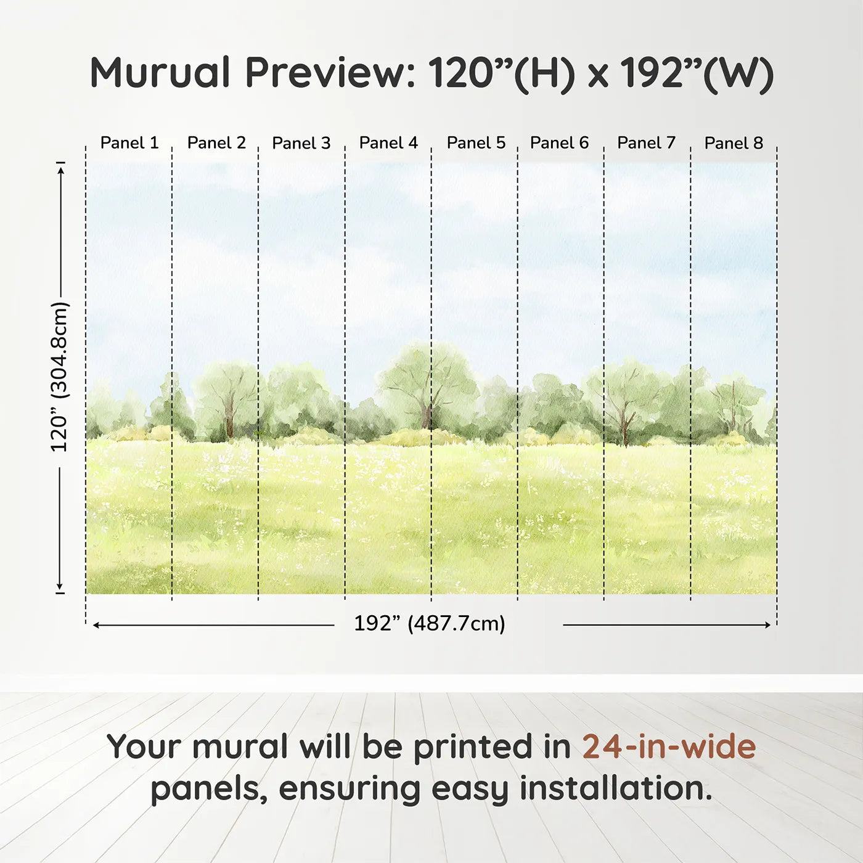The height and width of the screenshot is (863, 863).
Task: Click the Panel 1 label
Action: point(129,143)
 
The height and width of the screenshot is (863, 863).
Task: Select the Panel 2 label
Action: point(216,143)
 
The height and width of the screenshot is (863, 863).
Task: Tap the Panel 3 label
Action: point(301,143)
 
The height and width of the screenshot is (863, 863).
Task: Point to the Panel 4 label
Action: point(388,143)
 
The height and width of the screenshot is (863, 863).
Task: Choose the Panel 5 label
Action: point(476,143)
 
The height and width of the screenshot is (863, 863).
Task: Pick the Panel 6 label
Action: point(559,143)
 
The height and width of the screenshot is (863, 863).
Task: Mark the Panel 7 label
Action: point(646,143)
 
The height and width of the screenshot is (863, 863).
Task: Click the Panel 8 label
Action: point(734,143)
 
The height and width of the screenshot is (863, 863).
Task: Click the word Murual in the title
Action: point(160,73)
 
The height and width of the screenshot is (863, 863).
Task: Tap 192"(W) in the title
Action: point(697,73)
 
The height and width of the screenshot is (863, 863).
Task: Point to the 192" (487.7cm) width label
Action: point(429,624)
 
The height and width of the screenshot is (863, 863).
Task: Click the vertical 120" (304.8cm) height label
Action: point(60,377)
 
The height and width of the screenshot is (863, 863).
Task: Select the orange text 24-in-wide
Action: point(669,746)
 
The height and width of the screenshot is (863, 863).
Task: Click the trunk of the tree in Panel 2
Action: point(229,419)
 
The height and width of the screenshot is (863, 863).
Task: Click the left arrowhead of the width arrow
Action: point(96,625)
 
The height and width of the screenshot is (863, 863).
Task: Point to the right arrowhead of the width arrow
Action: point(767,625)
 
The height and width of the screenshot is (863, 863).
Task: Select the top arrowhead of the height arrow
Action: point(60,169)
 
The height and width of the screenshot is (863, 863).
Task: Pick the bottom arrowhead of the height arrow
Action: point(60,586)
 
